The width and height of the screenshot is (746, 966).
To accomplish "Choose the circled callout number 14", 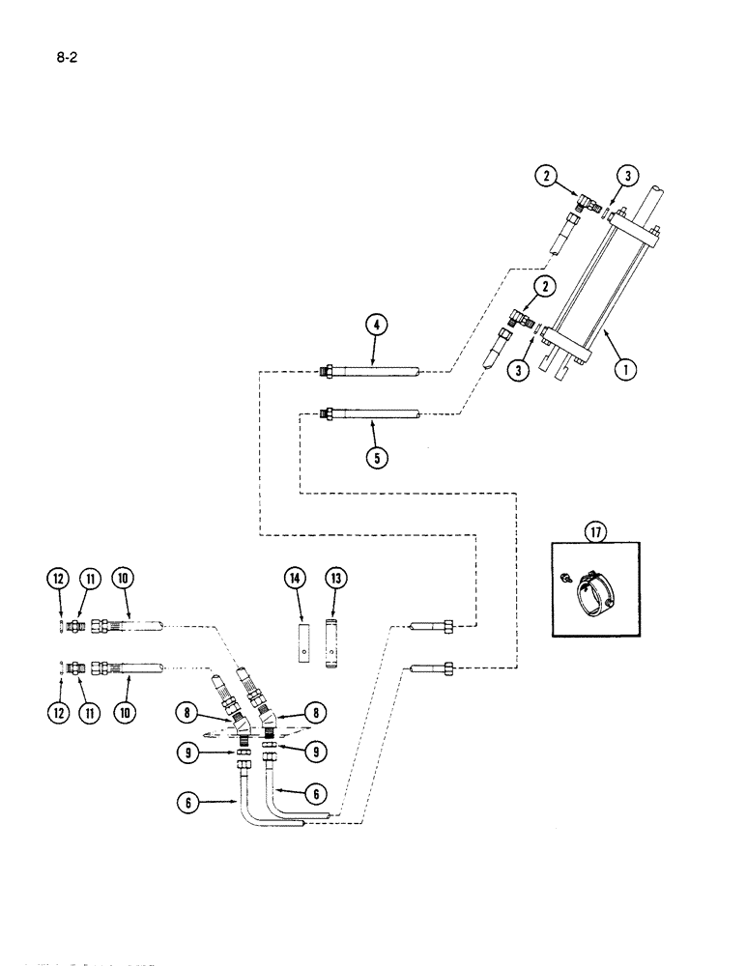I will pos(297,579).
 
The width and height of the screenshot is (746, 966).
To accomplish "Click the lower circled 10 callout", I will pos(124,713).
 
